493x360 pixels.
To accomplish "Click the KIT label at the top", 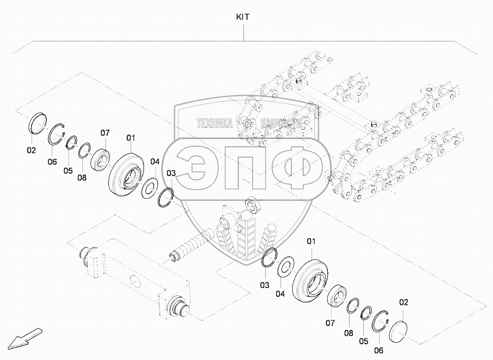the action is (x=243, y=17).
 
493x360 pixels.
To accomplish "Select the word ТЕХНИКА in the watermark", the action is (x=214, y=124).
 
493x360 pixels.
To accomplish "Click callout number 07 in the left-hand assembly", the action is (x=105, y=133).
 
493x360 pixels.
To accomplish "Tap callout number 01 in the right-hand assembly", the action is (x=311, y=241).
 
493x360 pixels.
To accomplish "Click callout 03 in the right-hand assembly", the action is (x=265, y=285).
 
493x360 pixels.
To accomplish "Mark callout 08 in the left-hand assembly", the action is (x=81, y=178).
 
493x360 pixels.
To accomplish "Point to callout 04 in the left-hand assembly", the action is (x=155, y=161).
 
